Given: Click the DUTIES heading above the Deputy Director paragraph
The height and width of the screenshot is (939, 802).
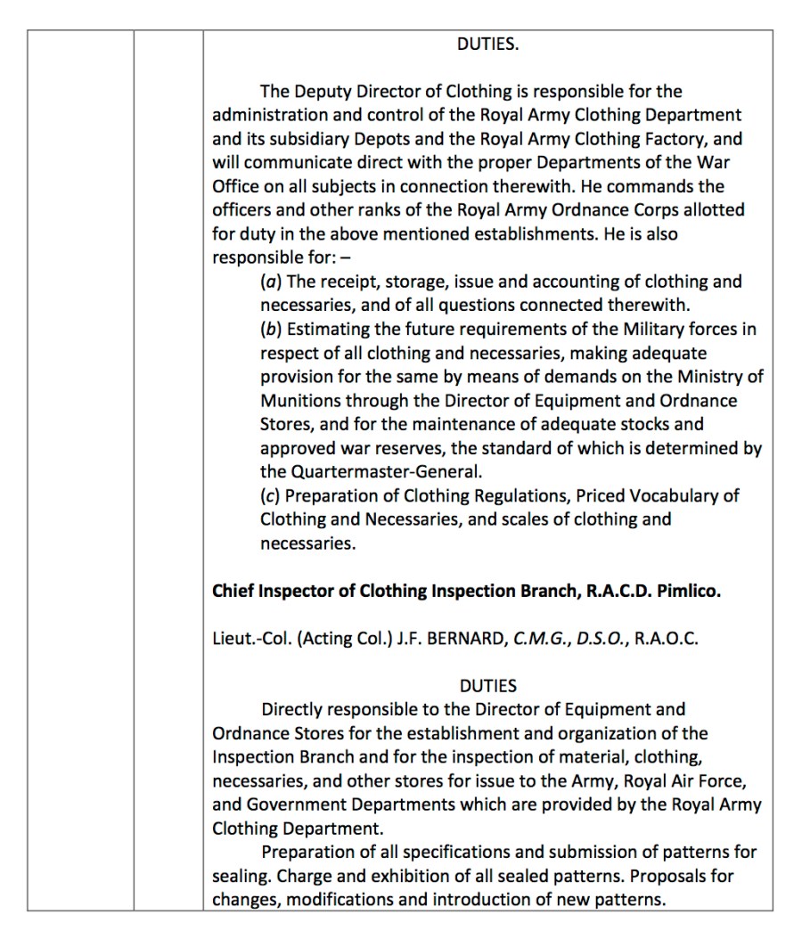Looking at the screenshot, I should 487,45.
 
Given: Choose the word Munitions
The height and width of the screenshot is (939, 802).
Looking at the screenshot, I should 302,401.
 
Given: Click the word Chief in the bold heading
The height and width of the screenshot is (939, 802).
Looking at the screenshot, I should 233,592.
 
